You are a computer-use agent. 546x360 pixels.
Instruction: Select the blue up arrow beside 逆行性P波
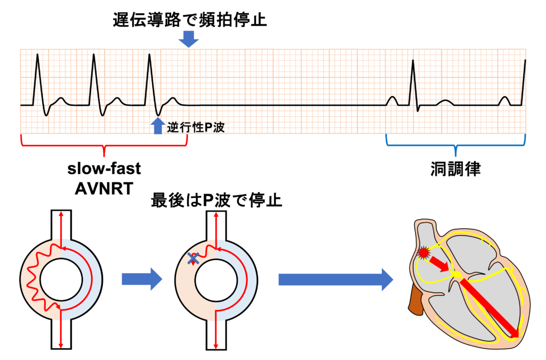tap(157, 126)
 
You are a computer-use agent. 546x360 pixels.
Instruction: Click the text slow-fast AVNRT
tap(104, 179)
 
